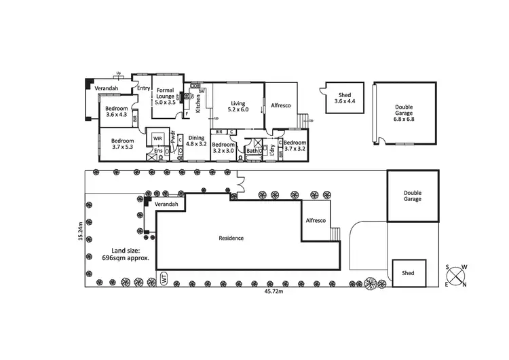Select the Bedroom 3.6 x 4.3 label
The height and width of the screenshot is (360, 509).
tap(117, 111)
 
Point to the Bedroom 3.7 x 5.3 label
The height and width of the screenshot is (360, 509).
tap(123, 144)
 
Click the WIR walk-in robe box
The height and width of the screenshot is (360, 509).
tap(158, 138)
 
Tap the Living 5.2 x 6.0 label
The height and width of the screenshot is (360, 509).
tap(238, 105)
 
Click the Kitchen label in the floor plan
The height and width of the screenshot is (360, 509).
tap(198, 103)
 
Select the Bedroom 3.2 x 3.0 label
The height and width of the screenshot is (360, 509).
tap(223, 148)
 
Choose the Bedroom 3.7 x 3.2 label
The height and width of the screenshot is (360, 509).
tap(295, 145)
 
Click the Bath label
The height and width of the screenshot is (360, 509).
tap(252, 150)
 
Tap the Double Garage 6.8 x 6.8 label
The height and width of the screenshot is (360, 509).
tap(404, 113)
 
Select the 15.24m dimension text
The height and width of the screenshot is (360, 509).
tap(80, 231)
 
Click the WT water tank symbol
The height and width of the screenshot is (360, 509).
tap(164, 278)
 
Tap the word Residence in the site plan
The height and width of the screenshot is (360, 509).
tap(231, 238)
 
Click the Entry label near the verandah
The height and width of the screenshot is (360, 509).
tap(143, 88)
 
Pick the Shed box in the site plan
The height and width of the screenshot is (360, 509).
tap(408, 272)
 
